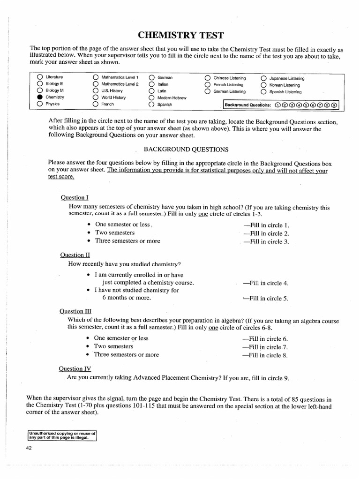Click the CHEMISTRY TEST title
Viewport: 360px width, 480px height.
180,36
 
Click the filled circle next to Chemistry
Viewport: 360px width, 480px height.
40,97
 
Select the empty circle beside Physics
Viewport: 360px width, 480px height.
40,104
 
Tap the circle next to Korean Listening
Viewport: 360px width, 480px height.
263,85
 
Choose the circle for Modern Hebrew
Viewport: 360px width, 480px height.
151,97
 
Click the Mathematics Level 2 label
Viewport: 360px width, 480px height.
120,84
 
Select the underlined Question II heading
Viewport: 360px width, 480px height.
75,255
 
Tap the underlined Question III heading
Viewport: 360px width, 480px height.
75,311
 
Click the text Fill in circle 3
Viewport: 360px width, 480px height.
266,242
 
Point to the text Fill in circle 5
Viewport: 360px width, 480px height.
265,298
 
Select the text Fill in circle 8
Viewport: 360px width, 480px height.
265,355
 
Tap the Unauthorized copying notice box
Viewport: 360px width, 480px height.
62,435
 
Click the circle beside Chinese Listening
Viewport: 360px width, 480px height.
208,78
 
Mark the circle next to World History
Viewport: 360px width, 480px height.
96,97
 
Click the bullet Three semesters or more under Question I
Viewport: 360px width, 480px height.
127,241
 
